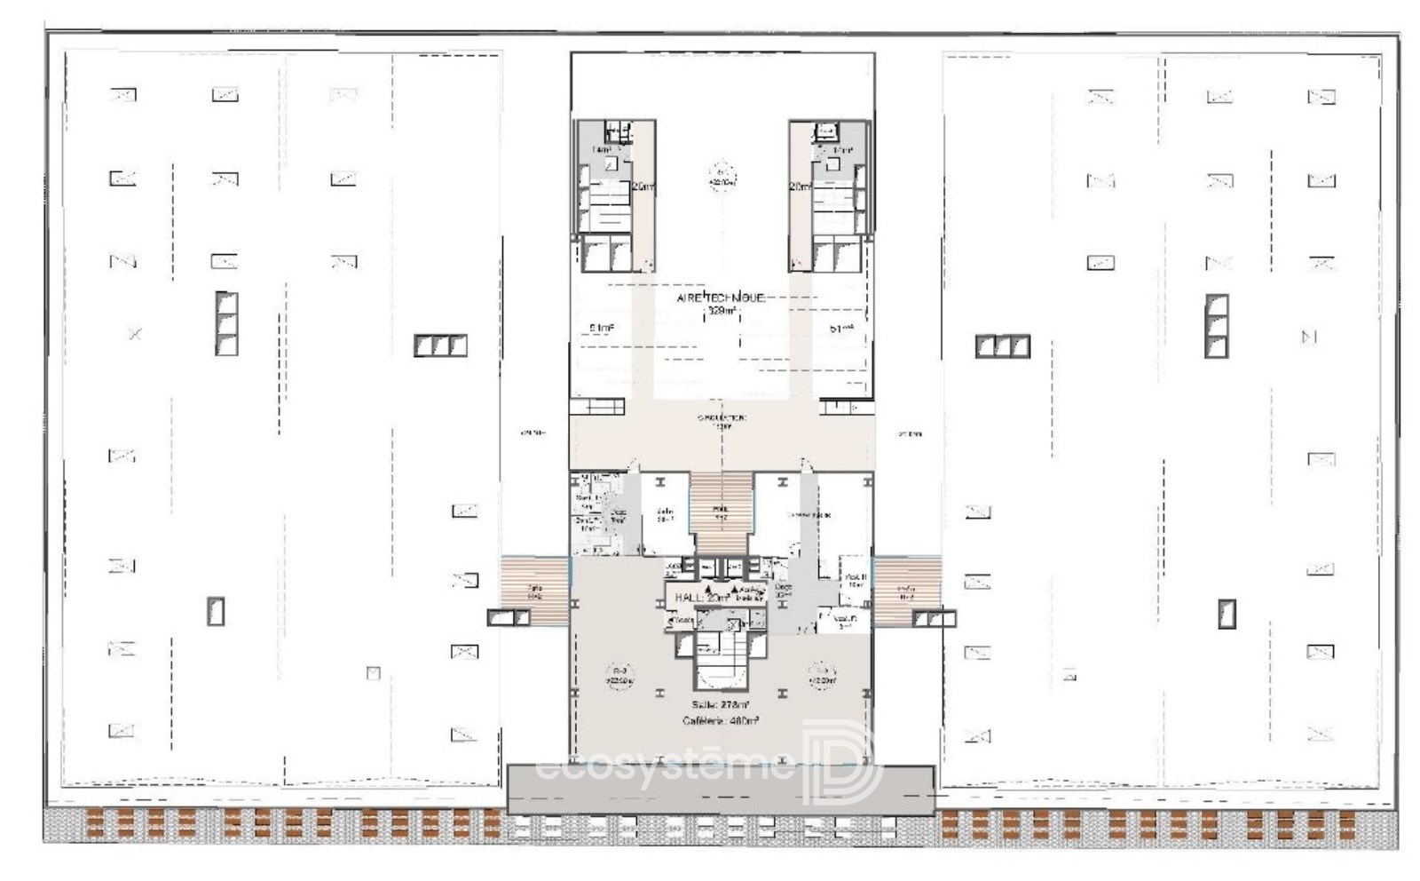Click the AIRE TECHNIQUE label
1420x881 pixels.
pyautogui.click(x=720, y=298)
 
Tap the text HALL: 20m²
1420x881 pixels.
pyautogui.click(x=702, y=598)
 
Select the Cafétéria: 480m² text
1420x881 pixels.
pyautogui.click(x=720, y=721)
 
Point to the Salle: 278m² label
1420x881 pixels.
pyautogui.click(x=720, y=705)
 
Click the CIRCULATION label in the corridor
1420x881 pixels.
pyautogui.click(x=722, y=417)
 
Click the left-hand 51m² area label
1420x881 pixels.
pyautogui.click(x=601, y=329)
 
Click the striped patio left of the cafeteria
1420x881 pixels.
pyautogui.click(x=534, y=590)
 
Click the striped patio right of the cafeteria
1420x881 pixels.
pyautogui.click(x=906, y=590)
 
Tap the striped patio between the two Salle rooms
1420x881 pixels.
pyautogui.click(x=721, y=512)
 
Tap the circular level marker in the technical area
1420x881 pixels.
pyautogui.click(x=721, y=177)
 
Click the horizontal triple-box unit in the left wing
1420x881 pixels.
pyautogui.click(x=440, y=345)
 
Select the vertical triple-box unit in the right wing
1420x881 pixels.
pyautogui.click(x=1217, y=324)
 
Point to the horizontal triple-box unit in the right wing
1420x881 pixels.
pyautogui.click(x=1002, y=345)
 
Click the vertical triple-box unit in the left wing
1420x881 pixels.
pyautogui.click(x=226, y=323)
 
